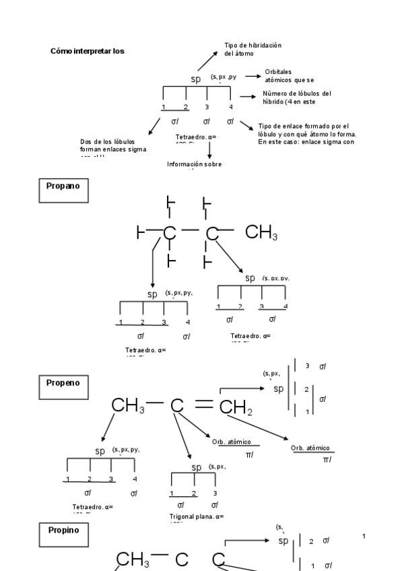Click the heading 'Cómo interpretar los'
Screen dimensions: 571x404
click(x=87, y=51)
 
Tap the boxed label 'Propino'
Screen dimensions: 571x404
click(x=63, y=530)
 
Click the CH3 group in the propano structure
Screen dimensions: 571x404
click(x=261, y=233)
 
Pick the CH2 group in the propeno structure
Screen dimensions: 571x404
click(x=236, y=407)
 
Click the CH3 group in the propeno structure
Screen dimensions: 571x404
click(x=128, y=405)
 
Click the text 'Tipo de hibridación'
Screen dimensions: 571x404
click(x=252, y=45)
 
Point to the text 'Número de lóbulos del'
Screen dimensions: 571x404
click(x=297, y=94)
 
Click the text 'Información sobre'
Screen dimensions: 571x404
click(x=194, y=164)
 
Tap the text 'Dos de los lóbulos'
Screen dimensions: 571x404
click(x=107, y=141)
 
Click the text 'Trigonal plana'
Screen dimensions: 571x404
click(x=189, y=516)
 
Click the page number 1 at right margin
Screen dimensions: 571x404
click(x=364, y=536)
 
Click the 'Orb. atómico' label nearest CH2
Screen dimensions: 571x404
click(x=231, y=442)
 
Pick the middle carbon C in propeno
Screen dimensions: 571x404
click(x=177, y=405)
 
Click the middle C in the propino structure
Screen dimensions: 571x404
click(x=182, y=560)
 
